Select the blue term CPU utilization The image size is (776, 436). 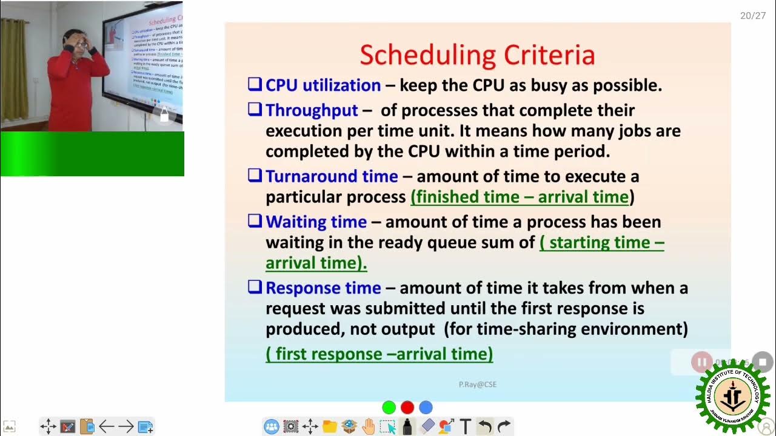point(323,85)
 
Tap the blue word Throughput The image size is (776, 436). point(312,110)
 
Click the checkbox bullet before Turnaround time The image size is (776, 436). point(255,176)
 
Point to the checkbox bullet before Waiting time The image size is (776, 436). point(255,221)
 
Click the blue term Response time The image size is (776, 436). point(323,288)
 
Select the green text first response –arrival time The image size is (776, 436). point(379,354)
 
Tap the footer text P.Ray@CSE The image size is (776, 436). point(477,385)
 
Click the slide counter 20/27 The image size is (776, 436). point(752,16)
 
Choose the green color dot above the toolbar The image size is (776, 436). point(389,408)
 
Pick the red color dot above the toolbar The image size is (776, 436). point(407,408)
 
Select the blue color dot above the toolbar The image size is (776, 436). point(426,408)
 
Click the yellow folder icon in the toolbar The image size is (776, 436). point(329,427)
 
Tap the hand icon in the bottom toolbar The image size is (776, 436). point(368,427)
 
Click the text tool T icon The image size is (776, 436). point(466,427)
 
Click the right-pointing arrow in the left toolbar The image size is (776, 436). point(125,427)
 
